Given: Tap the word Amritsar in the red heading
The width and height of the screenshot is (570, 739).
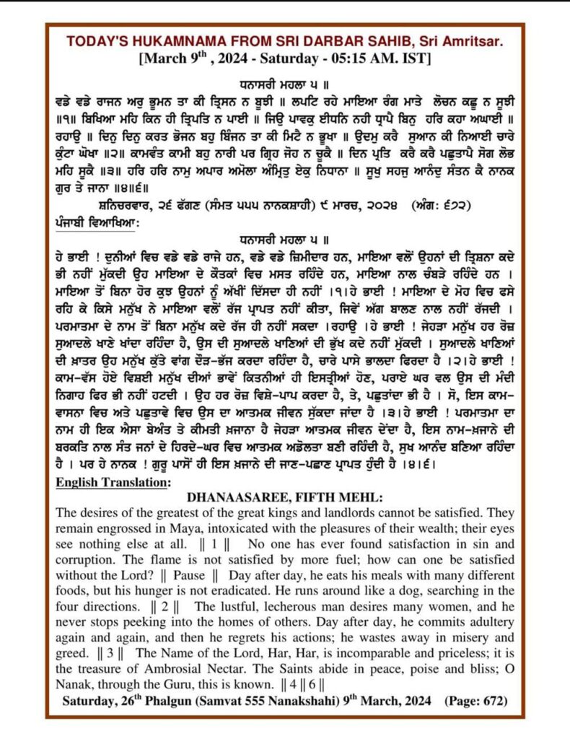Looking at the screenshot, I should click(x=475, y=41).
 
